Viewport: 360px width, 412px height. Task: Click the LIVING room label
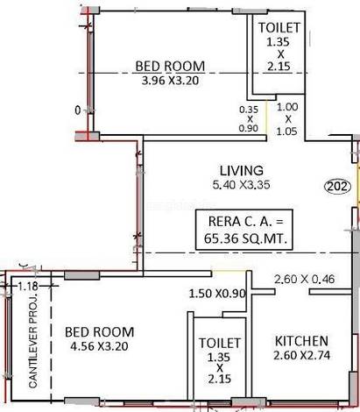(x=241, y=171)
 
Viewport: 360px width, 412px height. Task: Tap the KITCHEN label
(x=301, y=341)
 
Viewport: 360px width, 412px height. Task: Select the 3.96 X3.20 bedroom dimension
(x=170, y=81)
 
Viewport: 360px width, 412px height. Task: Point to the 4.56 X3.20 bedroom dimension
(x=99, y=346)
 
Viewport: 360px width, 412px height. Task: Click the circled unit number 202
(x=338, y=186)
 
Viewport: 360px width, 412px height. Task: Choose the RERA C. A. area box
(x=244, y=230)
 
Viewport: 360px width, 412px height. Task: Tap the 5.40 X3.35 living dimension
(x=241, y=185)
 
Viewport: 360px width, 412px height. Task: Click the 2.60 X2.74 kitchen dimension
(x=301, y=355)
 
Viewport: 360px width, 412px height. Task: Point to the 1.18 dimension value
(x=28, y=286)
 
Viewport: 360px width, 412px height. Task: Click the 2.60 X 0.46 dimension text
(x=304, y=279)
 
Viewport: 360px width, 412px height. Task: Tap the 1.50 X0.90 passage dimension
(x=217, y=294)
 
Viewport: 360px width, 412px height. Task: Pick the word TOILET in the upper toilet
(x=279, y=28)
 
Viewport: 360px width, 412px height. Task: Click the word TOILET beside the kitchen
(x=220, y=343)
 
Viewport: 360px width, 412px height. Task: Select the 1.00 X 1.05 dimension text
(x=287, y=119)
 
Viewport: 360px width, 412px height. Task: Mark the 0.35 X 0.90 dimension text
(x=249, y=119)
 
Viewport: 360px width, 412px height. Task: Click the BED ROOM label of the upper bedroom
(x=170, y=67)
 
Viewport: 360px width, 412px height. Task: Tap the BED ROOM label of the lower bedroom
(x=99, y=332)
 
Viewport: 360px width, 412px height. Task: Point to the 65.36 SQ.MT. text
(x=245, y=238)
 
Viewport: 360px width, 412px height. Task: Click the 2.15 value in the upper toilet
(x=279, y=67)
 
